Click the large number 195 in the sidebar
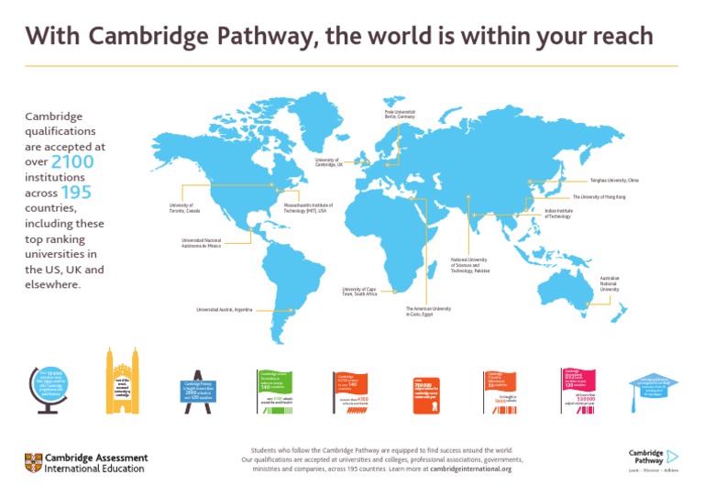point(76,193)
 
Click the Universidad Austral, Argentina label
point(225,310)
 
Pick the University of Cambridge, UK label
point(328,161)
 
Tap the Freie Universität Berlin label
point(400,115)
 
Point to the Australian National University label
point(614,282)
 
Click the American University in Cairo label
point(428,311)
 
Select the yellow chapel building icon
point(122,383)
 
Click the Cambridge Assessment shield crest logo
point(32,463)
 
